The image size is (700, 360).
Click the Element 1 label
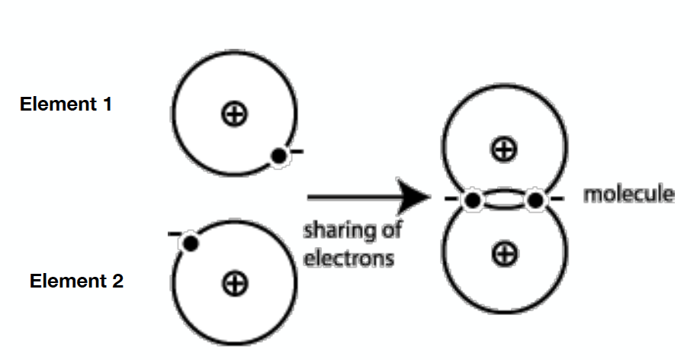pyautogui.click(x=66, y=104)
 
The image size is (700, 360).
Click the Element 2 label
pyautogui.click(x=76, y=281)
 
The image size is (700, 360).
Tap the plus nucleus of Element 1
pyautogui.click(x=234, y=114)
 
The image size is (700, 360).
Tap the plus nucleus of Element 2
pyautogui.click(x=234, y=284)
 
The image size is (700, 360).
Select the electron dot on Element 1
pyautogui.click(x=279, y=156)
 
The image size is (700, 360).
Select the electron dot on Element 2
pyautogui.click(x=191, y=243)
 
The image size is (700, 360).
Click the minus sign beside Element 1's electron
pyautogui.click(x=297, y=152)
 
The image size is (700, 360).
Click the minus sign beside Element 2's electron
pyautogui.click(x=174, y=233)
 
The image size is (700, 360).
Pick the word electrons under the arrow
pyautogui.click(x=348, y=258)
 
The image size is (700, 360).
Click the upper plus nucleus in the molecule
pyautogui.click(x=503, y=149)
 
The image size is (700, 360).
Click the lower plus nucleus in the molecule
pyautogui.click(x=503, y=252)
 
